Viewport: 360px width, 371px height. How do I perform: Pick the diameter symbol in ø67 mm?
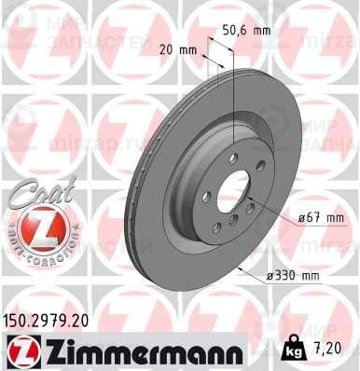pyautogui.click(x=303, y=218)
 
